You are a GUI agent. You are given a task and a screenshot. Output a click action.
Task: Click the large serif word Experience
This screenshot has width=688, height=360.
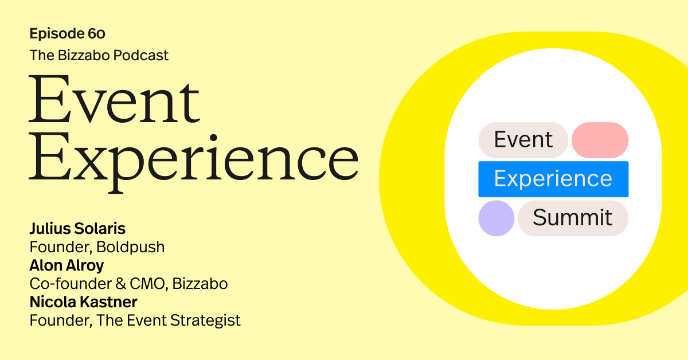(193, 158)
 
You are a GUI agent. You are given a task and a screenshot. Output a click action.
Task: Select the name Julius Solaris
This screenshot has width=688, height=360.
(77, 229)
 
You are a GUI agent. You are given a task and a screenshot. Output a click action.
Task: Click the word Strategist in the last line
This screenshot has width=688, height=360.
(205, 320)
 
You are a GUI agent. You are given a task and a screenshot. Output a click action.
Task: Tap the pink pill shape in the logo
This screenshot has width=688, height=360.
(600, 140)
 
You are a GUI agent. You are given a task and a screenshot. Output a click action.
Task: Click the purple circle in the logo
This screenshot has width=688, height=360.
(497, 218)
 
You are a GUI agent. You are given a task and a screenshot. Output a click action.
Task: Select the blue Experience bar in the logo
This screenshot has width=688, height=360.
(553, 179)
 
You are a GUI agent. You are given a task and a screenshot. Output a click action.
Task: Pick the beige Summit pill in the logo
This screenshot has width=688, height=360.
(573, 218)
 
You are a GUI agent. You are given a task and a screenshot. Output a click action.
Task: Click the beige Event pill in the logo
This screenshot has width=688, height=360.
(523, 140)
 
